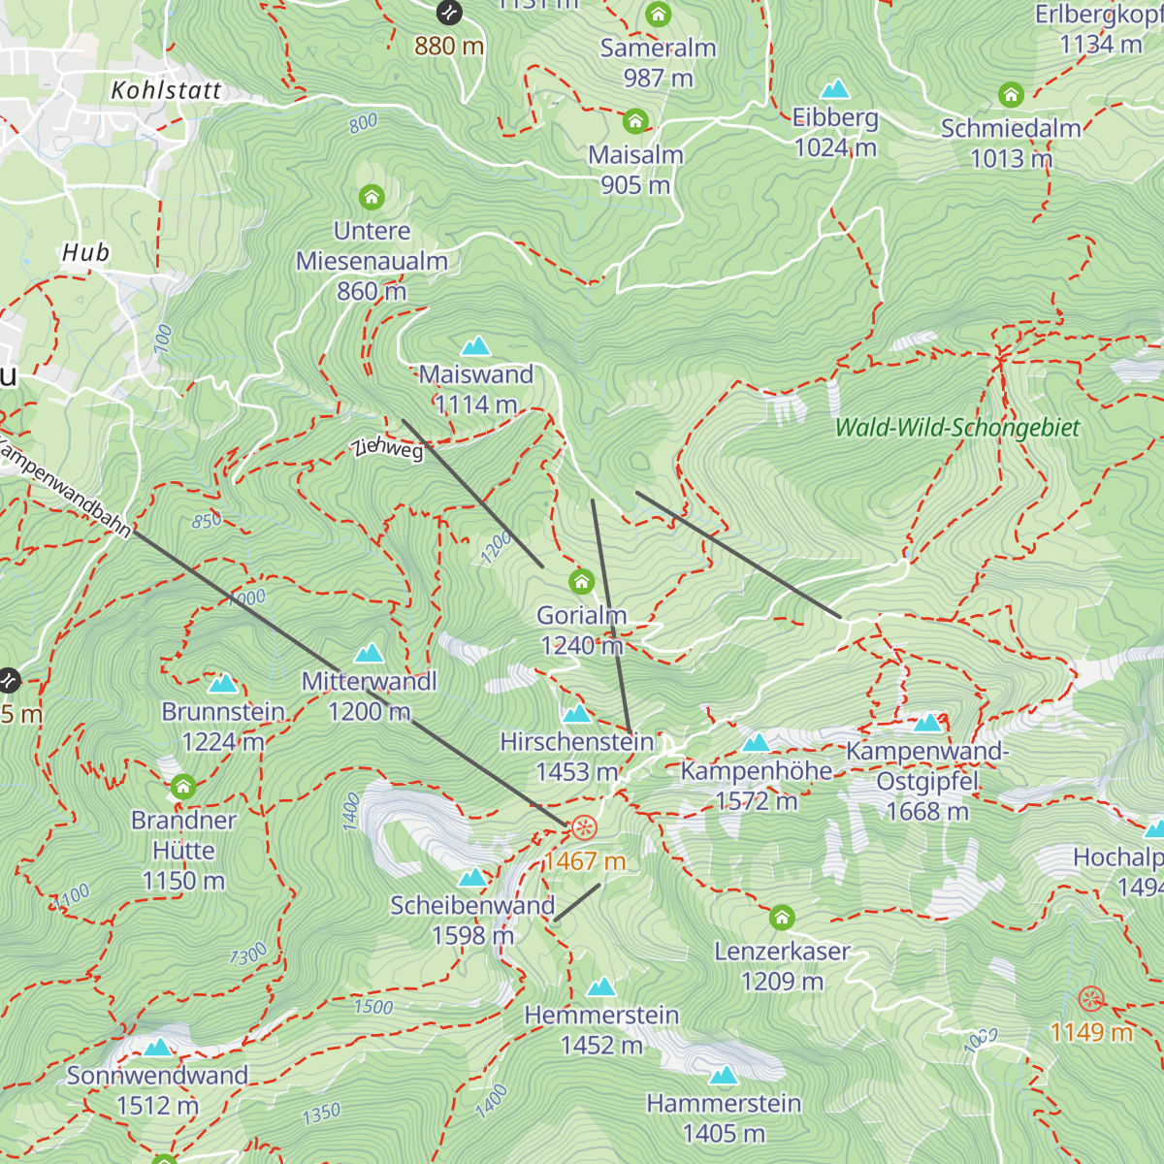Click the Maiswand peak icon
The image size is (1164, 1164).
tap(475, 346)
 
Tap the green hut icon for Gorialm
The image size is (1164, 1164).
tap(581, 581)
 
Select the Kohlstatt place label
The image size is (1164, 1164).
tap(166, 90)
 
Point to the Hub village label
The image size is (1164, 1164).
tap(85, 253)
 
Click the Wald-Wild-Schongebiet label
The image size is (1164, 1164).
tap(956, 428)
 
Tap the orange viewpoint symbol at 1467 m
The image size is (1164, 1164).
tap(584, 828)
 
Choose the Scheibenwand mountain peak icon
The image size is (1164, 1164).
tap(472, 878)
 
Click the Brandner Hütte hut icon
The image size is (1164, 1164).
tap(183, 787)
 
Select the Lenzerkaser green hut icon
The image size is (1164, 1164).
tap(782, 918)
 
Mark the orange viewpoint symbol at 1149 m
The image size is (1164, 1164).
tap(1091, 999)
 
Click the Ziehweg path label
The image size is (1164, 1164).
tap(388, 447)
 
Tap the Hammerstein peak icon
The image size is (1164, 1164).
tap(724, 1076)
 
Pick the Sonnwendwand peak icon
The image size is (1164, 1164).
tap(158, 1048)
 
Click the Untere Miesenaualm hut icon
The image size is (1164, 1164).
tap(372, 198)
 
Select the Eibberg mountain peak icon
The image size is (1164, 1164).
tap(835, 90)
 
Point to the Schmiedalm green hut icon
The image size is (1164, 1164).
tap(1011, 95)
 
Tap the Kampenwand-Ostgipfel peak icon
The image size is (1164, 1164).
tap(928, 723)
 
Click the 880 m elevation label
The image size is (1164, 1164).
tap(449, 46)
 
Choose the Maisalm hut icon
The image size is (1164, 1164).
tap(635, 121)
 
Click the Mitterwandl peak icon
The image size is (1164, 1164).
tap(370, 654)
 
